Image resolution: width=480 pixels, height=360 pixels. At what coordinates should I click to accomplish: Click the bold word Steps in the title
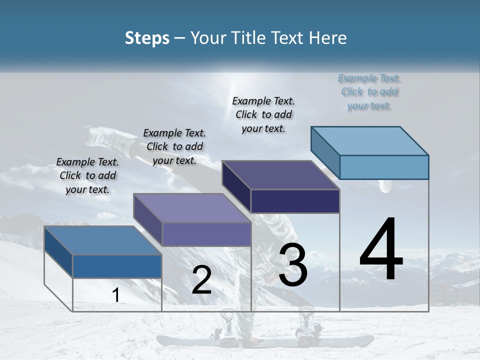147,38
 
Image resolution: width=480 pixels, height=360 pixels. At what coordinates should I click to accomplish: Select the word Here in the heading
328,38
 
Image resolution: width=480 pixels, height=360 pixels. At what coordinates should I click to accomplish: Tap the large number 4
381,250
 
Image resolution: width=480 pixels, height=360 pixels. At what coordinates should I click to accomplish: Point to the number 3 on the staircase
293,265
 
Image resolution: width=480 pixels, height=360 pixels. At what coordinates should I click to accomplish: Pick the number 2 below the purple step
201,280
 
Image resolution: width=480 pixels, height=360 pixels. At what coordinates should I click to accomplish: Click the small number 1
116,295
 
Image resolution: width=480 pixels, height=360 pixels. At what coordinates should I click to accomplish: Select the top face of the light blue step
370,140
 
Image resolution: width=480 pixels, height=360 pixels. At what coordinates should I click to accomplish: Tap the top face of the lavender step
192,208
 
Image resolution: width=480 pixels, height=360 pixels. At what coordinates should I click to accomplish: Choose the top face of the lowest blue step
103,240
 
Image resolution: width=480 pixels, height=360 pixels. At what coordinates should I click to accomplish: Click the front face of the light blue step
384,167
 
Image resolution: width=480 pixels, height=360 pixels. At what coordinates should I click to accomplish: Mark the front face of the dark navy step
295,201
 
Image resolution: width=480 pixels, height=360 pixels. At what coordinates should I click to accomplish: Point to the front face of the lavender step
206,234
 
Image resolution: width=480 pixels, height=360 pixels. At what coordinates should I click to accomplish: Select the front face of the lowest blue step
117,266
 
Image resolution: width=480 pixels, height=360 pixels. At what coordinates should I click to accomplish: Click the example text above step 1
87,175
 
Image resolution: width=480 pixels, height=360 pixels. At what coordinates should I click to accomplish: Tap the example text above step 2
174,146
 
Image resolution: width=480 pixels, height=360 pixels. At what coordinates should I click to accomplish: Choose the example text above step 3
263,114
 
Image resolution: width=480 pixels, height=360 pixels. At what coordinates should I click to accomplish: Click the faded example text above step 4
369,92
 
